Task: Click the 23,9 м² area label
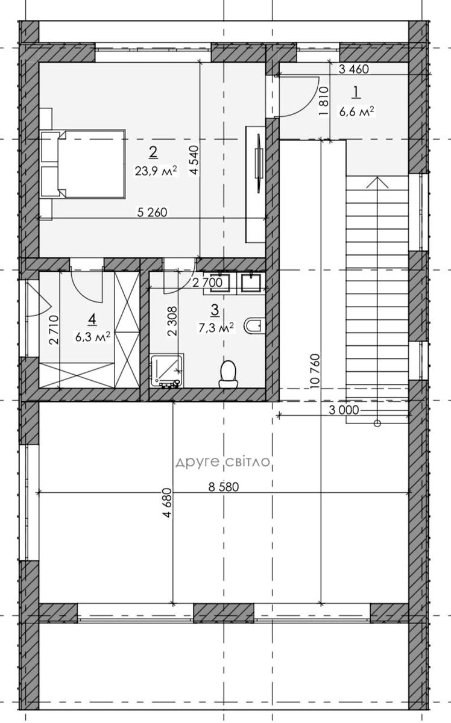point(156,171)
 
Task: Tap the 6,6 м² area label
point(357,111)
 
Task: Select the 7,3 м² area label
point(216,328)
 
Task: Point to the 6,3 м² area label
point(93,337)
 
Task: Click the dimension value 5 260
point(152,212)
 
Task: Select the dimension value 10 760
point(315,371)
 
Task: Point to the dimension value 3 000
point(344,410)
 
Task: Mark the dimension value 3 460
point(353,69)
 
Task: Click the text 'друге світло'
point(223,462)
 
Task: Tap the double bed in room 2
point(83,164)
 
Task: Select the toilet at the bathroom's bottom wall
point(229,374)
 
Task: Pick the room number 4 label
point(92,319)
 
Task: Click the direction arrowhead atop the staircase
point(377,182)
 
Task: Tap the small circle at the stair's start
point(377,424)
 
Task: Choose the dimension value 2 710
point(54,330)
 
